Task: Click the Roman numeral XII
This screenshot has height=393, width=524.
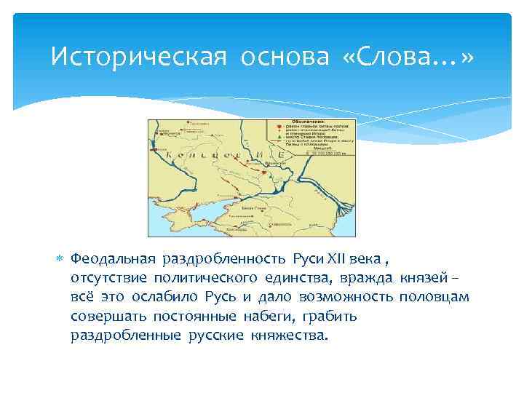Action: point(335,259)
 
